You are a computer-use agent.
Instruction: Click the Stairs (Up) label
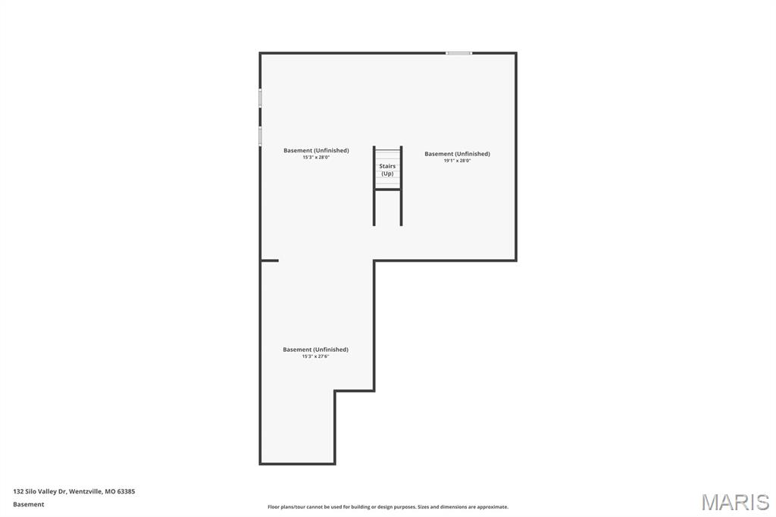[387, 170]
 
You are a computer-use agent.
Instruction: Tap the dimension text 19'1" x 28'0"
[457, 161]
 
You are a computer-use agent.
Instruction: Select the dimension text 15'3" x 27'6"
[316, 356]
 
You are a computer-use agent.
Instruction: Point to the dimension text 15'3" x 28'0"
[316, 157]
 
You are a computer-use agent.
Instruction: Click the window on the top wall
[458, 53]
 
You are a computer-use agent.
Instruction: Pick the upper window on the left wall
[261, 98]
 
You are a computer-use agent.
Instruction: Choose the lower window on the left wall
[261, 136]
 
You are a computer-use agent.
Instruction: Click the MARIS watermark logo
[735, 502]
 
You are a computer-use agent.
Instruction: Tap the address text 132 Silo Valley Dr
[40, 491]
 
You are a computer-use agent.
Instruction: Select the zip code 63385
[127, 491]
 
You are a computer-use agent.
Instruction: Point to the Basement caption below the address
[29, 504]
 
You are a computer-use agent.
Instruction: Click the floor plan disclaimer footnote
[388, 506]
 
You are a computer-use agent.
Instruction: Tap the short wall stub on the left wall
[270, 261]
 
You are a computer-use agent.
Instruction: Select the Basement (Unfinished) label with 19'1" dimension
[457, 154]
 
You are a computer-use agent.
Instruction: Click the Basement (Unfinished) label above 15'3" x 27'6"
[316, 349]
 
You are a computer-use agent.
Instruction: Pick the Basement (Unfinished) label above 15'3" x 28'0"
[316, 150]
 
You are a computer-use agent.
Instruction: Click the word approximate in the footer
[493, 506]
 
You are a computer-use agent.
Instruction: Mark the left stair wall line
[374, 186]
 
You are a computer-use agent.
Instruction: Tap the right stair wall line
[402, 186]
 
